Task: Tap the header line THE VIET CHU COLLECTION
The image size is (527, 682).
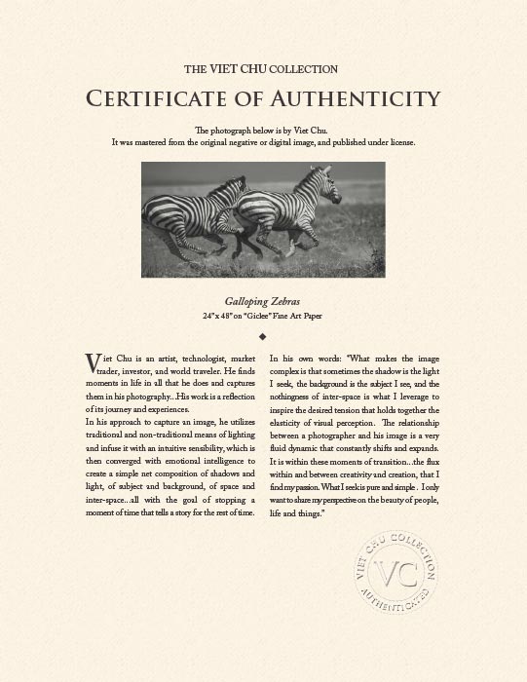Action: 262,69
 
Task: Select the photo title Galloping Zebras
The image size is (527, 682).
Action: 263,303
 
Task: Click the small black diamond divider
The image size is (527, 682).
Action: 263,335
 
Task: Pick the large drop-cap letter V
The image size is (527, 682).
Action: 93,362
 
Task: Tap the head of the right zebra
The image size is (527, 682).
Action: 320,181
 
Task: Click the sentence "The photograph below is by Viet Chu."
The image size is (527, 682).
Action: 263,131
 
